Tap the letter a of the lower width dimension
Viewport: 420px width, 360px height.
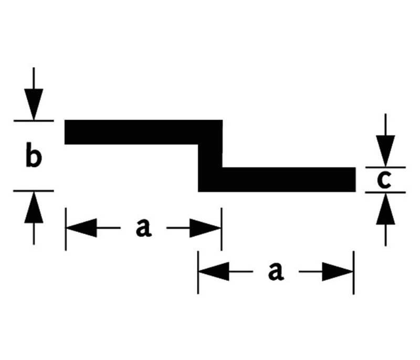pyautogui.click(x=275, y=272)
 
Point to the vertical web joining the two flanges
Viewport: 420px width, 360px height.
pyautogui.click(x=210, y=157)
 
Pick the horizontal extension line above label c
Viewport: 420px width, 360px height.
pyautogui.click(x=386, y=167)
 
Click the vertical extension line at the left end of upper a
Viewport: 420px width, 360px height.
pyautogui.click(x=66, y=231)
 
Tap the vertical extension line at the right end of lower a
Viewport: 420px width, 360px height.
pyautogui.click(x=353, y=273)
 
